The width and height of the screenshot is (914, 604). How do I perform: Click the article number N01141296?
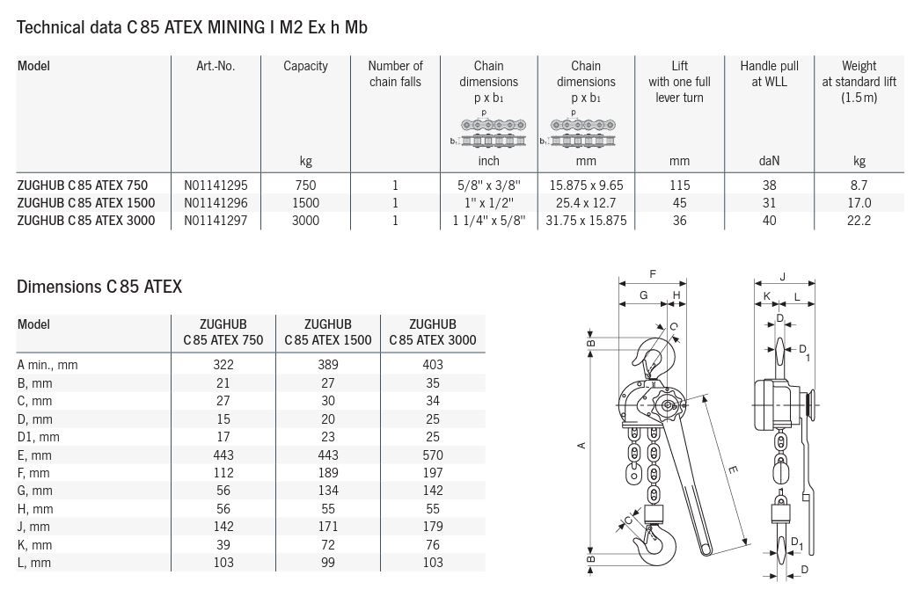216,203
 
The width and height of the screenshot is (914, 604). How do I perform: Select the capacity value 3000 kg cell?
305,221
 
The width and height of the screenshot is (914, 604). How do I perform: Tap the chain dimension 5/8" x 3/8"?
488,186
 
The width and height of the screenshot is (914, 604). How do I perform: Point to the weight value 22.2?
859,221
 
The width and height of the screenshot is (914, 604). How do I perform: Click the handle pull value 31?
769,203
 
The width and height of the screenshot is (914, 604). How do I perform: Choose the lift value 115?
680,186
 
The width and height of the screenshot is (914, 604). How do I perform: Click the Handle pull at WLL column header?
769,73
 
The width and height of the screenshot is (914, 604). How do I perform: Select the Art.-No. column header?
216,66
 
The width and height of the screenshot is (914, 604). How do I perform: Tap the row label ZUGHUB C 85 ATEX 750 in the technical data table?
82,186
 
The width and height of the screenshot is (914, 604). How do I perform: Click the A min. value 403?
433,365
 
